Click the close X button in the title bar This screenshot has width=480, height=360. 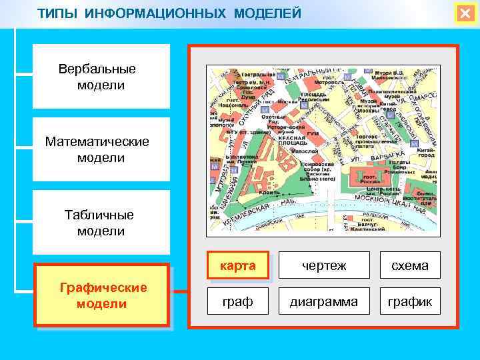[x=464, y=14]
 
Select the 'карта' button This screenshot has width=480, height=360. [x=237, y=266]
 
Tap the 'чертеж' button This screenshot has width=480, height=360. [x=324, y=266]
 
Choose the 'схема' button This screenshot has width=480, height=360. [x=409, y=266]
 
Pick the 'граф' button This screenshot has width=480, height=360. [x=237, y=302]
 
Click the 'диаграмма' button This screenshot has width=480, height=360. [x=324, y=302]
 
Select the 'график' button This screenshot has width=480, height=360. [x=409, y=302]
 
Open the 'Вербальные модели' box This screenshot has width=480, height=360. [x=101, y=77]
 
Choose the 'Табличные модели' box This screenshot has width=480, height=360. [x=101, y=223]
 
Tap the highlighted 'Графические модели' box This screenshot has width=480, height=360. [x=102, y=295]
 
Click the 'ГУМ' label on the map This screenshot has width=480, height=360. [x=312, y=133]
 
